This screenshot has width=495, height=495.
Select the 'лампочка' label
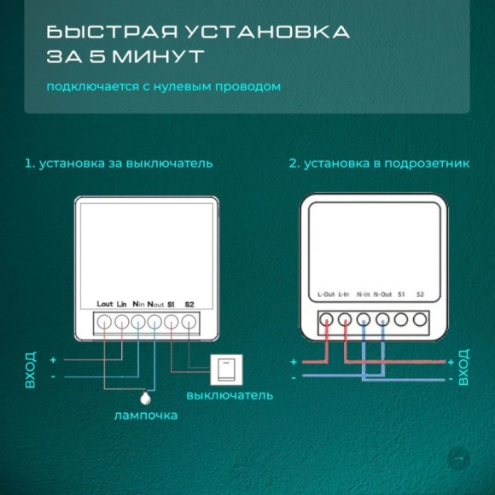(x=145, y=416)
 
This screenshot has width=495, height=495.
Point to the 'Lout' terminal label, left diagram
(x=105, y=304)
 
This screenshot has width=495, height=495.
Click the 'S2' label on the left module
(x=189, y=304)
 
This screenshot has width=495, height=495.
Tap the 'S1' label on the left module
(x=171, y=304)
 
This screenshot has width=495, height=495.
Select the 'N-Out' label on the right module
(x=381, y=294)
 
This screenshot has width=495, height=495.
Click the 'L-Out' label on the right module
(x=325, y=294)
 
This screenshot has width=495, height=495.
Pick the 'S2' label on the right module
(x=420, y=294)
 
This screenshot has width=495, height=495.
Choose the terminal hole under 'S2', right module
(x=420, y=321)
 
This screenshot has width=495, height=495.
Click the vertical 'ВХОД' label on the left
(x=31, y=369)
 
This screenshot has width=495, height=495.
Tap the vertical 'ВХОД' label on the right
(x=463, y=367)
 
